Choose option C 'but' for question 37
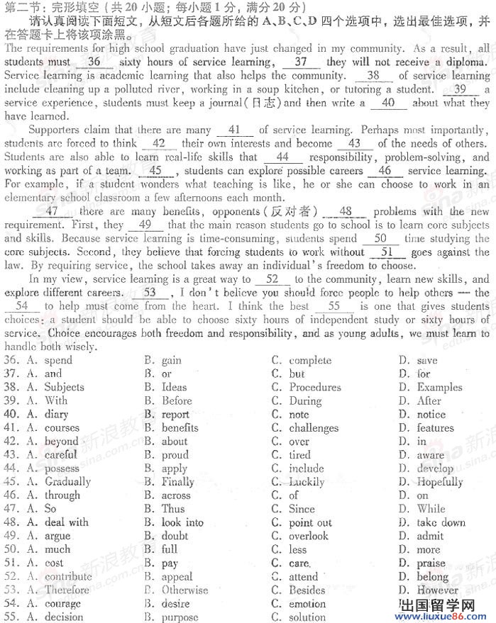point(297,374)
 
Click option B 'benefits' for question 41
point(180,427)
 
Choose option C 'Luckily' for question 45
point(307,482)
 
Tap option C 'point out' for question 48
point(310,522)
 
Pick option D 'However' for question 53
point(437,590)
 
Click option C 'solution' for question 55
point(307,617)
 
